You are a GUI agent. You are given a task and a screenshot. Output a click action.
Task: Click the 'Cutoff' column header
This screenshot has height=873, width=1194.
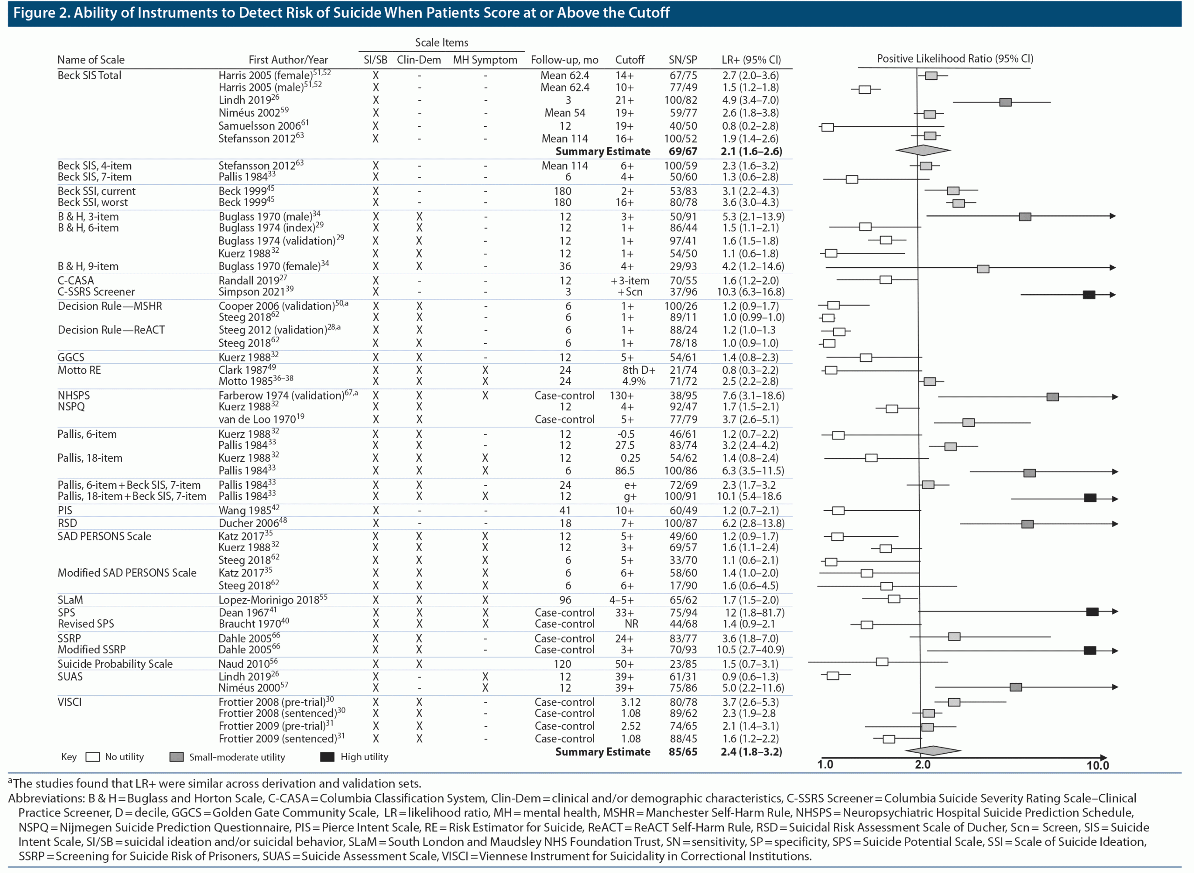pos(630,60)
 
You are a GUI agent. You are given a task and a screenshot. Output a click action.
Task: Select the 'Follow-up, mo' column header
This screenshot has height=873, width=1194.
pos(564,60)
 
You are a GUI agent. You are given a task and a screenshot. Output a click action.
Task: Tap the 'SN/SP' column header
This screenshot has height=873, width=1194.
pos(682,60)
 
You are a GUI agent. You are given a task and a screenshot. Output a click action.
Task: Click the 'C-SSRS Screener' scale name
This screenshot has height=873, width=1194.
pos(96,292)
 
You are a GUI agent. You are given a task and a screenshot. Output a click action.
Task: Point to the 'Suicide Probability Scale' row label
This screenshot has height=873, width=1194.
pos(115,664)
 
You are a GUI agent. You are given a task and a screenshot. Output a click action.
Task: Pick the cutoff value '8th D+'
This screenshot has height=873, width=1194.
pos(639,370)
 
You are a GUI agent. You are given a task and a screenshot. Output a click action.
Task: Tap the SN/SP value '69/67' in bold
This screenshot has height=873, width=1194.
pos(682,151)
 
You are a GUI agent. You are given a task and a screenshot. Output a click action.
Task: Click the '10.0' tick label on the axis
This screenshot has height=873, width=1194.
pos(1097,765)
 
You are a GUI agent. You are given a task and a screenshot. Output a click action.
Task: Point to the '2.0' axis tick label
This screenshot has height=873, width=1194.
pos(923,765)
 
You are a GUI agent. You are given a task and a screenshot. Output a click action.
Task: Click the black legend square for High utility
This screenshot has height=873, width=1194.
pos(327,757)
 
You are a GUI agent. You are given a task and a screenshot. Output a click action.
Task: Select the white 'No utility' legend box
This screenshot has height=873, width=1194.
pos(92,757)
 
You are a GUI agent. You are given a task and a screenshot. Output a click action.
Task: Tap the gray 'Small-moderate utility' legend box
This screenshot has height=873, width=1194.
pos(177,757)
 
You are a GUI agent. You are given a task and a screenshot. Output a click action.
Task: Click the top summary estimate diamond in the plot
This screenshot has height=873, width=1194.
pos(923,150)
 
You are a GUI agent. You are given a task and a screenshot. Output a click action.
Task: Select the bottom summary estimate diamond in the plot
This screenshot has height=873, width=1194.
pos(933,750)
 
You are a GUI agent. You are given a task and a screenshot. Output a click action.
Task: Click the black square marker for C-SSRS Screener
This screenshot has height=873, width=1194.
pos(1088,294)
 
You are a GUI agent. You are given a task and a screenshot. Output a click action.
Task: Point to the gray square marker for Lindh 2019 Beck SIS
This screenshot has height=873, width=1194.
pos(1005,102)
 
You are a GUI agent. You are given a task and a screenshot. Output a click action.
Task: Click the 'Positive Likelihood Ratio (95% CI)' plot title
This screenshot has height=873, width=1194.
pos(955,59)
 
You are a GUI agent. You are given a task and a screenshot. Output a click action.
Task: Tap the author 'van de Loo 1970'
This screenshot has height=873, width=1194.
pos(257,420)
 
